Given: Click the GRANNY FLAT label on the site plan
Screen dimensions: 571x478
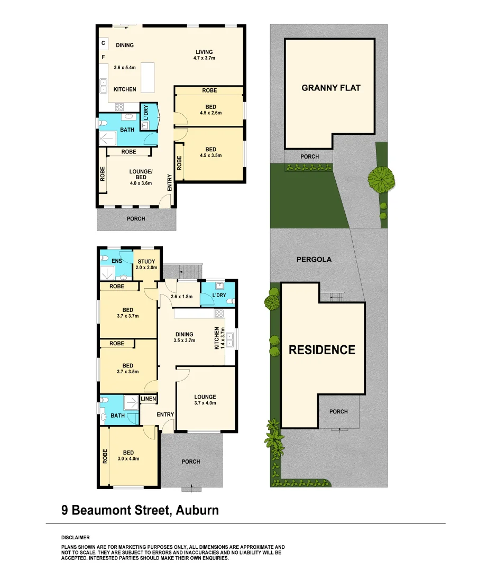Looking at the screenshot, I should click(x=330, y=88).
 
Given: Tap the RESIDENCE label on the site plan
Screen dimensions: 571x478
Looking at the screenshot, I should click(x=321, y=349).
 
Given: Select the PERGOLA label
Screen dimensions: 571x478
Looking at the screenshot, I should click(x=314, y=260).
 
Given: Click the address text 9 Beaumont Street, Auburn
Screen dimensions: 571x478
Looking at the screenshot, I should click(x=140, y=510).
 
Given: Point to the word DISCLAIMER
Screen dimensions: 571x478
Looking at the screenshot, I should click(x=76, y=537).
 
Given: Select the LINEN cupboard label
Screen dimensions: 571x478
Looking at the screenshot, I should click(x=148, y=399).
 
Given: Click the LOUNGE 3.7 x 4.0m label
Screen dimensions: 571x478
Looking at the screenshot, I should click(x=205, y=400).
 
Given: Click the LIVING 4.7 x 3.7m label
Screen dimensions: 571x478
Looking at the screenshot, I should click(x=204, y=55).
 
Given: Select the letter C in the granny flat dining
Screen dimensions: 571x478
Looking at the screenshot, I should click(x=104, y=43).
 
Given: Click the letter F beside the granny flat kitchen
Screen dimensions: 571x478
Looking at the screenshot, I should click(x=104, y=57).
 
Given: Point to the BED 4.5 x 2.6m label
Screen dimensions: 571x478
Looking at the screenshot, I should click(x=210, y=110).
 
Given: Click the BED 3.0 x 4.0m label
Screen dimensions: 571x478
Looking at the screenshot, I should click(x=128, y=455).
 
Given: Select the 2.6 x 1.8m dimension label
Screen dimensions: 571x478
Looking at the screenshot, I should click(x=181, y=297).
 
